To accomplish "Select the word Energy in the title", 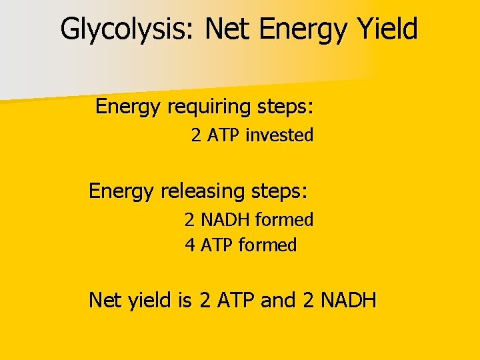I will coord(299,30).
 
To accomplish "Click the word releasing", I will coord(203,192).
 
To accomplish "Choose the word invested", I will coord(279,135).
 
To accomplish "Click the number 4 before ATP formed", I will coord(190,245).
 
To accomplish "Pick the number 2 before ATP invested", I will coord(196,135).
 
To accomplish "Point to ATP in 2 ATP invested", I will coord(224,135).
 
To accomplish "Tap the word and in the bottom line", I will coord(278,301).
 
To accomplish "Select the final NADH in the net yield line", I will coord(348,301).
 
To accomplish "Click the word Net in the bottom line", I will coord(105,301).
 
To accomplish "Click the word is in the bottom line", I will coord(185,301).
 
